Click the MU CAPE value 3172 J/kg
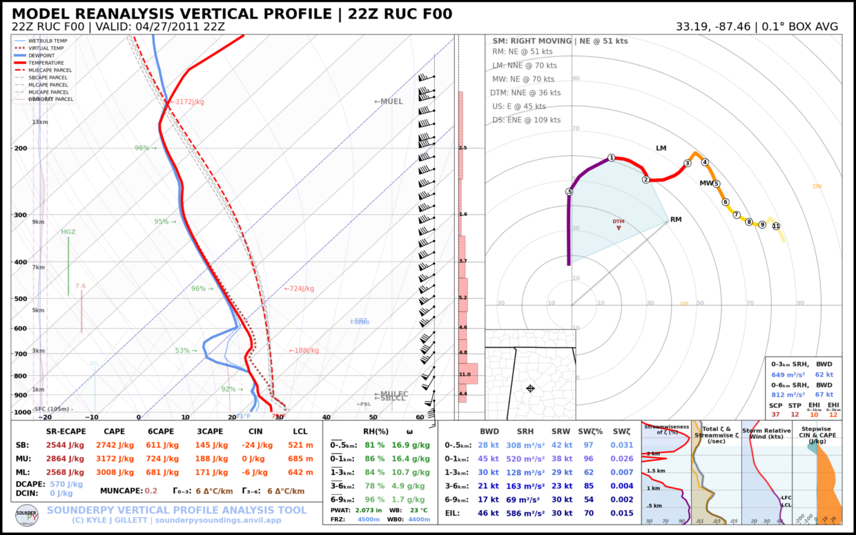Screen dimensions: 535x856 (114, 459)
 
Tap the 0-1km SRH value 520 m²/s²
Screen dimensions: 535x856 (525, 459)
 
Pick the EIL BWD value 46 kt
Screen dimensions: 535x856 (488, 513)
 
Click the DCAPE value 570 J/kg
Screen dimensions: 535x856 (66, 484)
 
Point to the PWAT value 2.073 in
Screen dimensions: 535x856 (368, 510)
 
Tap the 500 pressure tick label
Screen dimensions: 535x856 (20, 299)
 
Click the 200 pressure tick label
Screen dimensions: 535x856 (20, 148)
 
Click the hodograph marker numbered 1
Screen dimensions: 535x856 (611, 158)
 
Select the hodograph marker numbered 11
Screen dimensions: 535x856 (776, 226)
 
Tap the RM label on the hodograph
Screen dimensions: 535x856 (676, 220)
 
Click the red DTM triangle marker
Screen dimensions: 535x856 (619, 228)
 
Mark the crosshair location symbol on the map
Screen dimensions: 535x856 (530, 388)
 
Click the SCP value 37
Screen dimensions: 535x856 (775, 415)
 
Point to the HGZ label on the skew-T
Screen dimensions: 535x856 (68, 232)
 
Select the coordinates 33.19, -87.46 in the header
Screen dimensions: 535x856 (713, 27)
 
